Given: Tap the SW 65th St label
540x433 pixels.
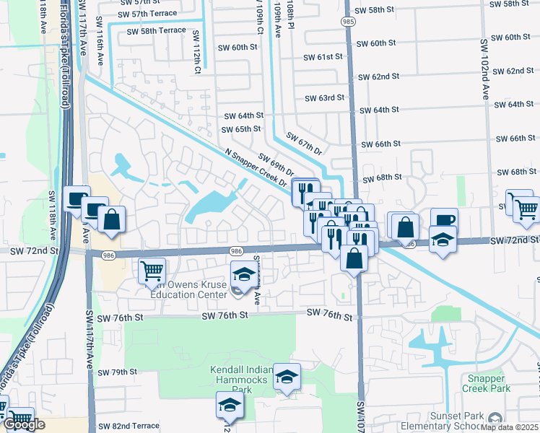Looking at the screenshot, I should [240, 129].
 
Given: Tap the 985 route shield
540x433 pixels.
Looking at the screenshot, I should [349, 23].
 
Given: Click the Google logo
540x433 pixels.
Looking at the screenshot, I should [24, 425].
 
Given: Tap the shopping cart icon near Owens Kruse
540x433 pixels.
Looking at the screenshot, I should [152, 271].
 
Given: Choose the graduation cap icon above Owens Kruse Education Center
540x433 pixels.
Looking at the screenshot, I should [244, 274].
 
